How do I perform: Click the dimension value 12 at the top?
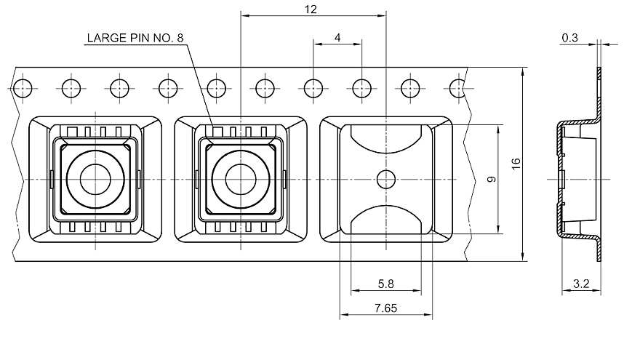point(311,9)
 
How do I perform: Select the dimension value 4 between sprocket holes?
point(337,38)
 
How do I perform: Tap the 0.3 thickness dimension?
point(569,38)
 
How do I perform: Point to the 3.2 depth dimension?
point(581,284)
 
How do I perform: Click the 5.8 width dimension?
point(385,284)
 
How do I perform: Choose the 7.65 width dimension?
point(385,308)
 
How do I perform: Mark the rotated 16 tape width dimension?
point(516,164)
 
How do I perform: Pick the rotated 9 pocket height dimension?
point(492,179)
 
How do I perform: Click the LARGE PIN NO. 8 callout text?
point(135,38)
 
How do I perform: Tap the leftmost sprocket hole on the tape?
point(23,88)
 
